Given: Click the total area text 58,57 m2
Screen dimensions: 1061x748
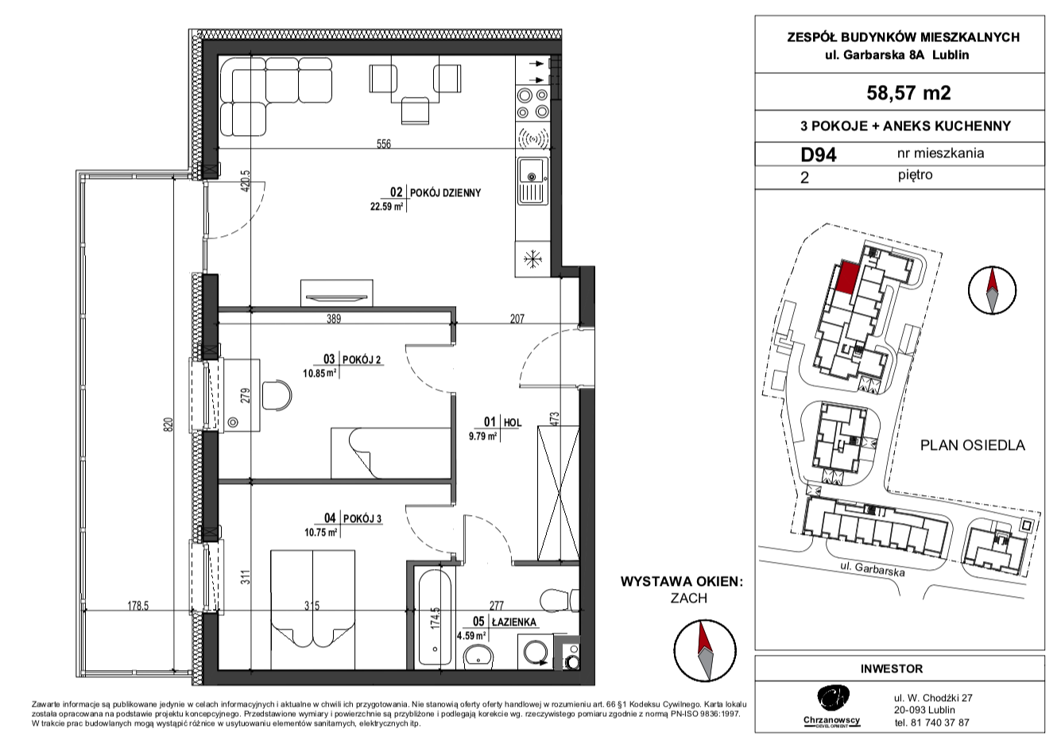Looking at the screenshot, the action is (908, 93).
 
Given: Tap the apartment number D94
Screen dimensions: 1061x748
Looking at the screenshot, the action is (819, 155).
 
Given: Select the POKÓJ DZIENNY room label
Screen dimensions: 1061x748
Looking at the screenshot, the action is (445, 193).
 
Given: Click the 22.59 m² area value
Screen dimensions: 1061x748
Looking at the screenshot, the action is (386, 207).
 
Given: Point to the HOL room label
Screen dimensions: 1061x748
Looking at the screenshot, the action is (512, 422).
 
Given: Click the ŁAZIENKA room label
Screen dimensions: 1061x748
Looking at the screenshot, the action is (513, 622).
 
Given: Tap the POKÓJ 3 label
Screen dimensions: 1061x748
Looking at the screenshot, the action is (362, 519).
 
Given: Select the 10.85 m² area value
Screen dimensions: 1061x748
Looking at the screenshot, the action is (319, 374).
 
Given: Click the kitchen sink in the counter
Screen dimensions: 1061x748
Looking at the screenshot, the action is (532, 181).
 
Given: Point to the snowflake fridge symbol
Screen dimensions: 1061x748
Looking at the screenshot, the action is (532, 260).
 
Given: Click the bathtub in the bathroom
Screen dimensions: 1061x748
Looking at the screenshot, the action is (436, 617).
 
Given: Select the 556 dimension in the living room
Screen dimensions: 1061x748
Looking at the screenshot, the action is (384, 144).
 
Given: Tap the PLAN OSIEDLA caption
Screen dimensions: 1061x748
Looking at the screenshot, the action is (973, 445).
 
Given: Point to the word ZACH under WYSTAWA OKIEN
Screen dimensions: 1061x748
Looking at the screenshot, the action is (689, 599).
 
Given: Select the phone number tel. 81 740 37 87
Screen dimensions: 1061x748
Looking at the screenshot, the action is (931, 723).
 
